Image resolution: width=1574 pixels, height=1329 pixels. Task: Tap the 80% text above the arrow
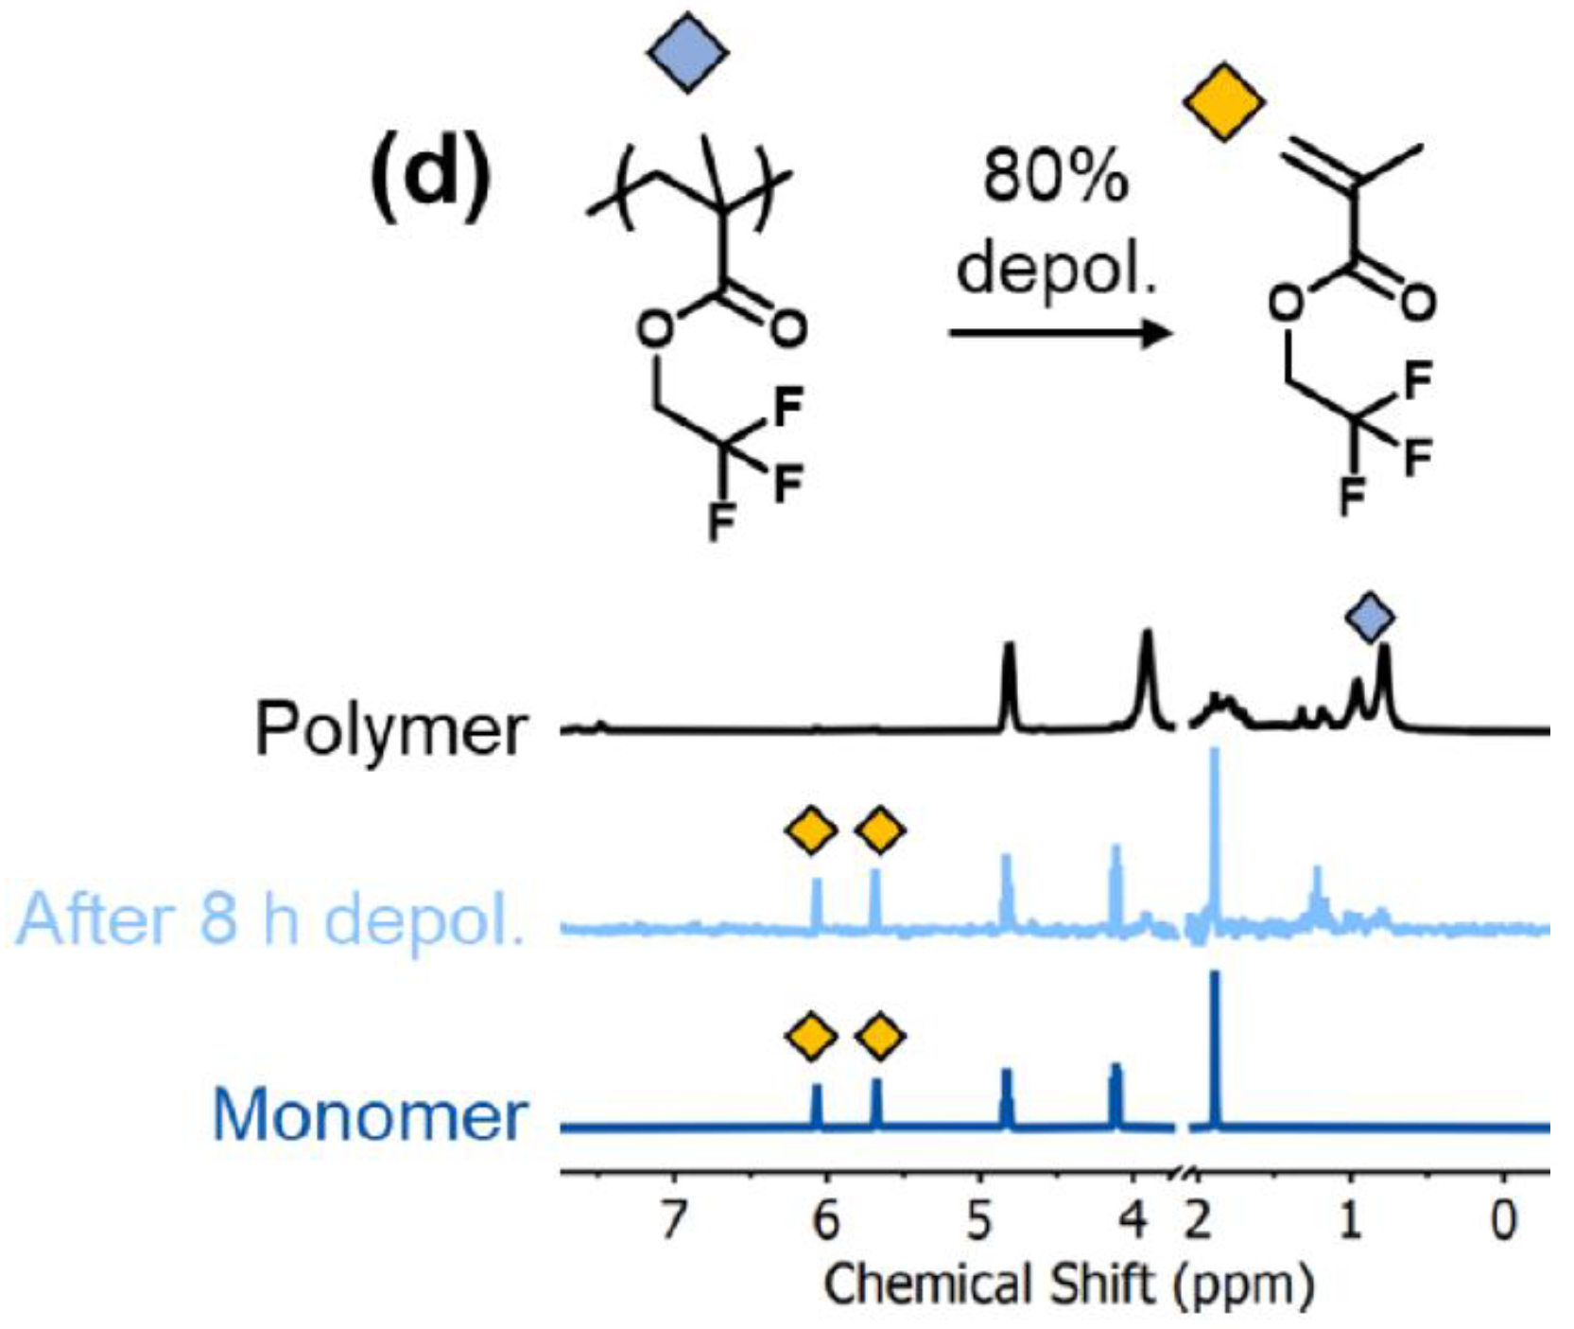pos(1055,176)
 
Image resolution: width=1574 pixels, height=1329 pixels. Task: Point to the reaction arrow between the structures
pos(1060,333)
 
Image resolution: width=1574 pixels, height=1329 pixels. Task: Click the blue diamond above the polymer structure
pos(687,52)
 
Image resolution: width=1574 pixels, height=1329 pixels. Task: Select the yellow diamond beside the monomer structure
pos(1223,102)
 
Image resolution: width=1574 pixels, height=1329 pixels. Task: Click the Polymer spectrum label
pos(390,730)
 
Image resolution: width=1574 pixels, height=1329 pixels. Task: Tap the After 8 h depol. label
pos(270,918)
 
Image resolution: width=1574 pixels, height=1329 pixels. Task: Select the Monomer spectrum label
pos(370,1116)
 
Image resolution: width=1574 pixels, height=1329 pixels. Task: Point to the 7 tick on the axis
pos(672,1220)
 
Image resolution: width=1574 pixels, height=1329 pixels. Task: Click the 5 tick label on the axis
pos(979,1220)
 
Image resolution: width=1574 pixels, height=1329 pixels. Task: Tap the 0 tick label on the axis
pos(1503,1220)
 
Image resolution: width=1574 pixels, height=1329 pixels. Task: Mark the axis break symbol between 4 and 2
pos(1181,1175)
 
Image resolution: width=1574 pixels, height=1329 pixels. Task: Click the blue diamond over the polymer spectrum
pos(1370,618)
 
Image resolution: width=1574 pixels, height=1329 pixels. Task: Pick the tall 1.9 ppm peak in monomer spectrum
pos(1215,1040)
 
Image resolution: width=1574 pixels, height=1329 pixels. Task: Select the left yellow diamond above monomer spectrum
pos(811,1037)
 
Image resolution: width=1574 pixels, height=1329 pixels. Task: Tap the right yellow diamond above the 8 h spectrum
pos(880,831)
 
